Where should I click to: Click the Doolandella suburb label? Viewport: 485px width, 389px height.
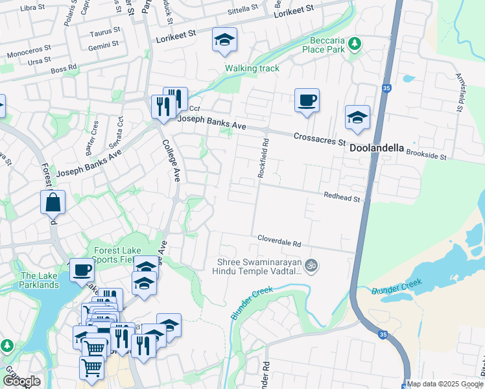[x=377, y=148]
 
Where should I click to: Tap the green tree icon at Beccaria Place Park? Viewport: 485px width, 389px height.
[x=354, y=43]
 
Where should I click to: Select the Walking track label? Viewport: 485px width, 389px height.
[x=252, y=68]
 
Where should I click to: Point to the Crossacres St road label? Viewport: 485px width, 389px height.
[x=318, y=138]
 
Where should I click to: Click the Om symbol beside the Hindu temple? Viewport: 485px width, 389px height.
[x=311, y=265]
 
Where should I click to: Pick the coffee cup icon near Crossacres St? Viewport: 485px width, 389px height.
[x=307, y=101]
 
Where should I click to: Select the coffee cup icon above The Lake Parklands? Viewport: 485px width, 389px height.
[x=82, y=269]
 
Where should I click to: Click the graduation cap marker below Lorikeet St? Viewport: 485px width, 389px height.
[x=224, y=40]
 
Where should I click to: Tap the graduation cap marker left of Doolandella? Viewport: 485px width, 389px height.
[x=357, y=118]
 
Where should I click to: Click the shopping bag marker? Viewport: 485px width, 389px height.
[x=53, y=202]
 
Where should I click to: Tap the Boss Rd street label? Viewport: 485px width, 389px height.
[x=64, y=67]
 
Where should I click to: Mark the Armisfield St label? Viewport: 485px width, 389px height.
[x=459, y=91]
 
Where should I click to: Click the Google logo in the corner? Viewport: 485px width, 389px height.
[x=21, y=381]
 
